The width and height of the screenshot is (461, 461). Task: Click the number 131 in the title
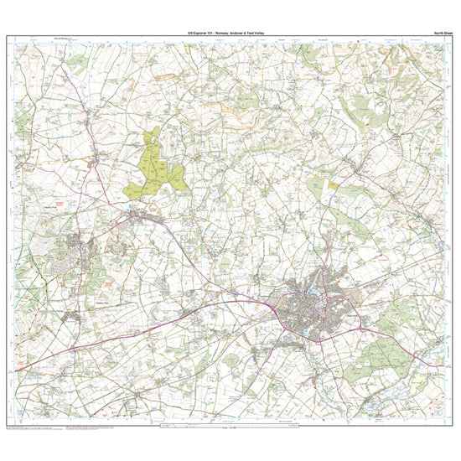[209, 33]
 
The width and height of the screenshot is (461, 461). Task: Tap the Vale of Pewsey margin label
[65, 38]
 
